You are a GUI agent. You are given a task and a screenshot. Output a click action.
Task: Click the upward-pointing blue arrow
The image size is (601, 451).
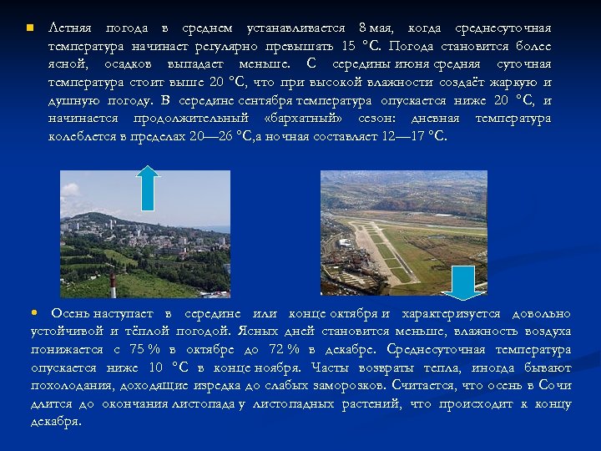pos(148,187)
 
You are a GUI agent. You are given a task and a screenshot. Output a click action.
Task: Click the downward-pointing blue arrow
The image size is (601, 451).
pos(457,281)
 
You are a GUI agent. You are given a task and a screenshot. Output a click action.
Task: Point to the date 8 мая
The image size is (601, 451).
pos(371,28)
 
